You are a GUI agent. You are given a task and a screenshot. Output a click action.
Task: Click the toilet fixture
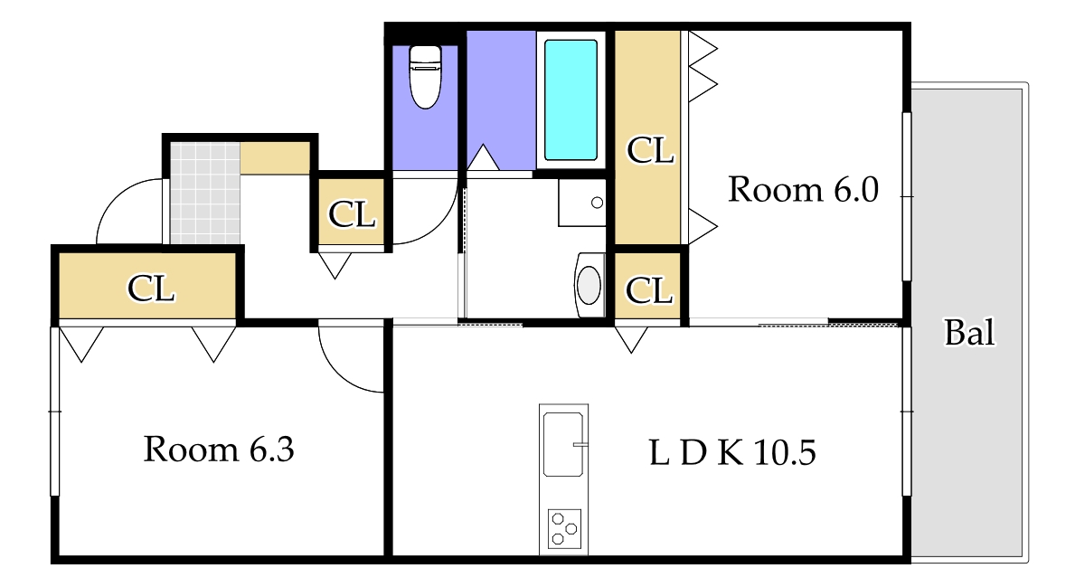click(x=425, y=76)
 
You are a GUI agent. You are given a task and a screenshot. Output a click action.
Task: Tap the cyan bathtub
click(x=571, y=100)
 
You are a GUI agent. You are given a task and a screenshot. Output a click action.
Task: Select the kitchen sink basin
click(x=563, y=444)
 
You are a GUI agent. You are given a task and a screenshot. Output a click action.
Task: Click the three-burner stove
click(x=564, y=529)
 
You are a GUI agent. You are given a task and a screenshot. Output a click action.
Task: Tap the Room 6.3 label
click(x=219, y=450)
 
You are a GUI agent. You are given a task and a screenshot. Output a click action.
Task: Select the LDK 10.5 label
click(x=732, y=452)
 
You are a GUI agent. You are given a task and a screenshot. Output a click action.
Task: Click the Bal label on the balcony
click(x=969, y=333)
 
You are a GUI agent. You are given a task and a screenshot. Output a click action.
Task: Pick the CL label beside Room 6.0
click(x=650, y=150)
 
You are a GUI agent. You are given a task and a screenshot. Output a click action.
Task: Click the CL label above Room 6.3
click(x=151, y=289)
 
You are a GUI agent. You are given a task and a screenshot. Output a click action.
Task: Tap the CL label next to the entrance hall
click(x=352, y=214)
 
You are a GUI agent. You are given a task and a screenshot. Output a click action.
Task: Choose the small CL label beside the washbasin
click(x=648, y=290)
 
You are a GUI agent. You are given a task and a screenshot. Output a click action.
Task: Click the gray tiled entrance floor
click(x=205, y=193)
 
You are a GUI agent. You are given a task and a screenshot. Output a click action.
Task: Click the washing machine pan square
click(x=581, y=203)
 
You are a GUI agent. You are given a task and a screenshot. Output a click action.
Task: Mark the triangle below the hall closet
click(x=335, y=265)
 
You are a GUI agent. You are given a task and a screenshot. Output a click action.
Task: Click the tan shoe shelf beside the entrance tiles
click(x=275, y=157)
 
